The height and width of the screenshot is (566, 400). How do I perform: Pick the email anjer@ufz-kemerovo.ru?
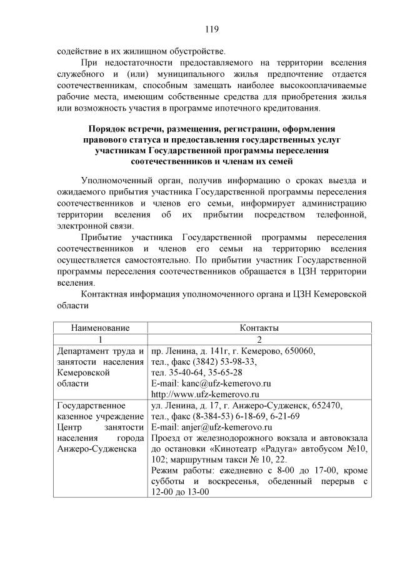click(x=211, y=428)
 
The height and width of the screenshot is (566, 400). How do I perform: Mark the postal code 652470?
click(x=323, y=405)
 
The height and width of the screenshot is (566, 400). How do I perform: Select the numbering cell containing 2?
click(x=259, y=339)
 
